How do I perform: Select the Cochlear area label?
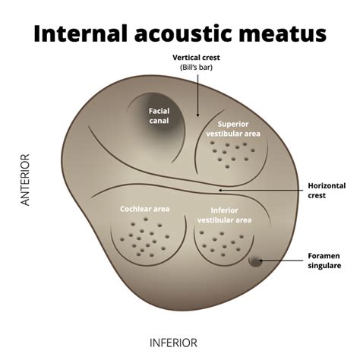point(144,209)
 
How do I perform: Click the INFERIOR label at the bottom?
point(172,343)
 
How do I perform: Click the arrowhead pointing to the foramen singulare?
point(261,261)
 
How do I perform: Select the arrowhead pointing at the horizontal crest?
point(220,190)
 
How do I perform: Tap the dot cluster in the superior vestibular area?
point(232,154)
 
